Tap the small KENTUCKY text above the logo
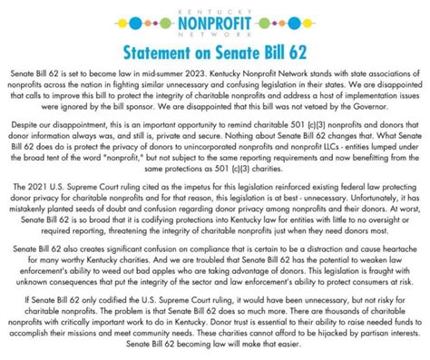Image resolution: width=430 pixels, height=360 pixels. [x=214, y=6]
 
